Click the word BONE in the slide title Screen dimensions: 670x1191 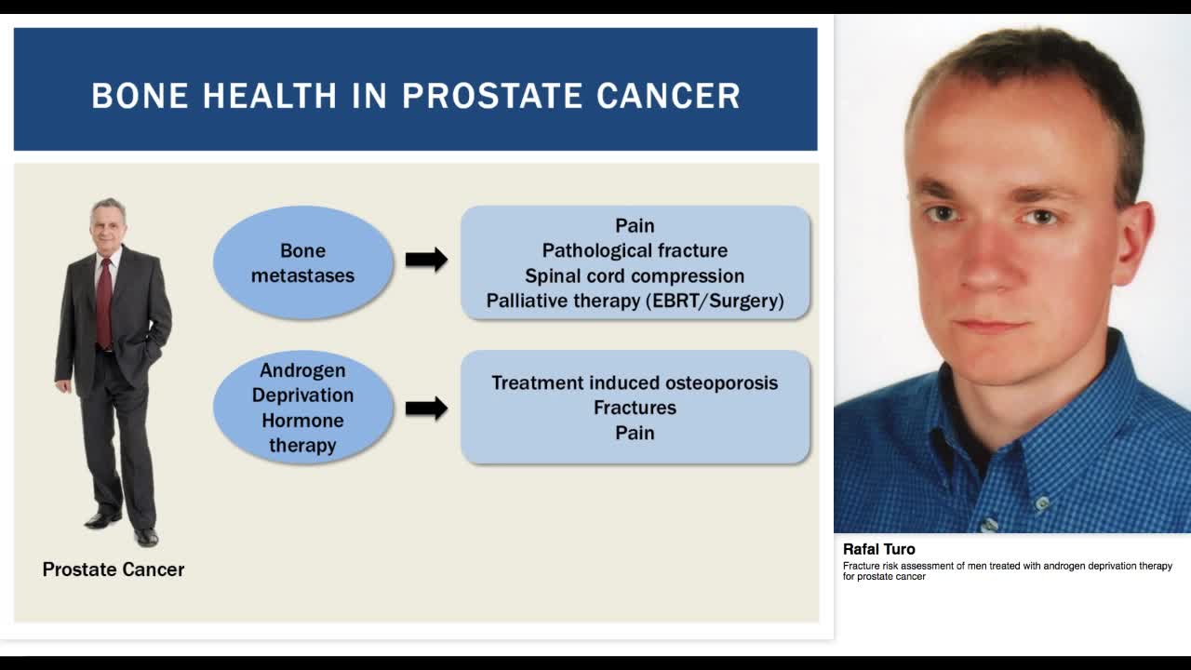pyautogui.click(x=140, y=96)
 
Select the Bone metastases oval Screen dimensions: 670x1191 pyautogui.click(x=302, y=262)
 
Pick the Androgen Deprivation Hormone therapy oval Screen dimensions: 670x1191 pyautogui.click(x=302, y=408)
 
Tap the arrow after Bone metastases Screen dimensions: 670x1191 pyautogui.click(x=426, y=260)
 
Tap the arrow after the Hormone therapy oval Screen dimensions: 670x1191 pyautogui.click(x=426, y=408)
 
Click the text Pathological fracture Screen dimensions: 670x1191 pyautogui.click(x=635, y=250)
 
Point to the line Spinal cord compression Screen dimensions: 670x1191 pyautogui.click(x=635, y=276)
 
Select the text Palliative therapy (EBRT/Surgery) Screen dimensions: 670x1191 pyautogui.click(x=635, y=301)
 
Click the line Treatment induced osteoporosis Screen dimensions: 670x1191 pyautogui.click(x=635, y=382)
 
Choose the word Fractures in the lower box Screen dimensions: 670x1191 pyautogui.click(x=635, y=408)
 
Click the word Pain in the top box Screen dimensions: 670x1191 pyautogui.click(x=635, y=226)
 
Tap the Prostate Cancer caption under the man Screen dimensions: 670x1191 pyautogui.click(x=114, y=569)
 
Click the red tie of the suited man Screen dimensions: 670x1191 pyautogui.click(x=104, y=302)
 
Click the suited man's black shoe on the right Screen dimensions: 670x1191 pyautogui.click(x=146, y=537)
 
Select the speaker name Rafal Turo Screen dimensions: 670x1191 pyautogui.click(x=878, y=549)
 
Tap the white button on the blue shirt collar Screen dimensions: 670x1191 pyautogui.click(x=1042, y=504)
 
